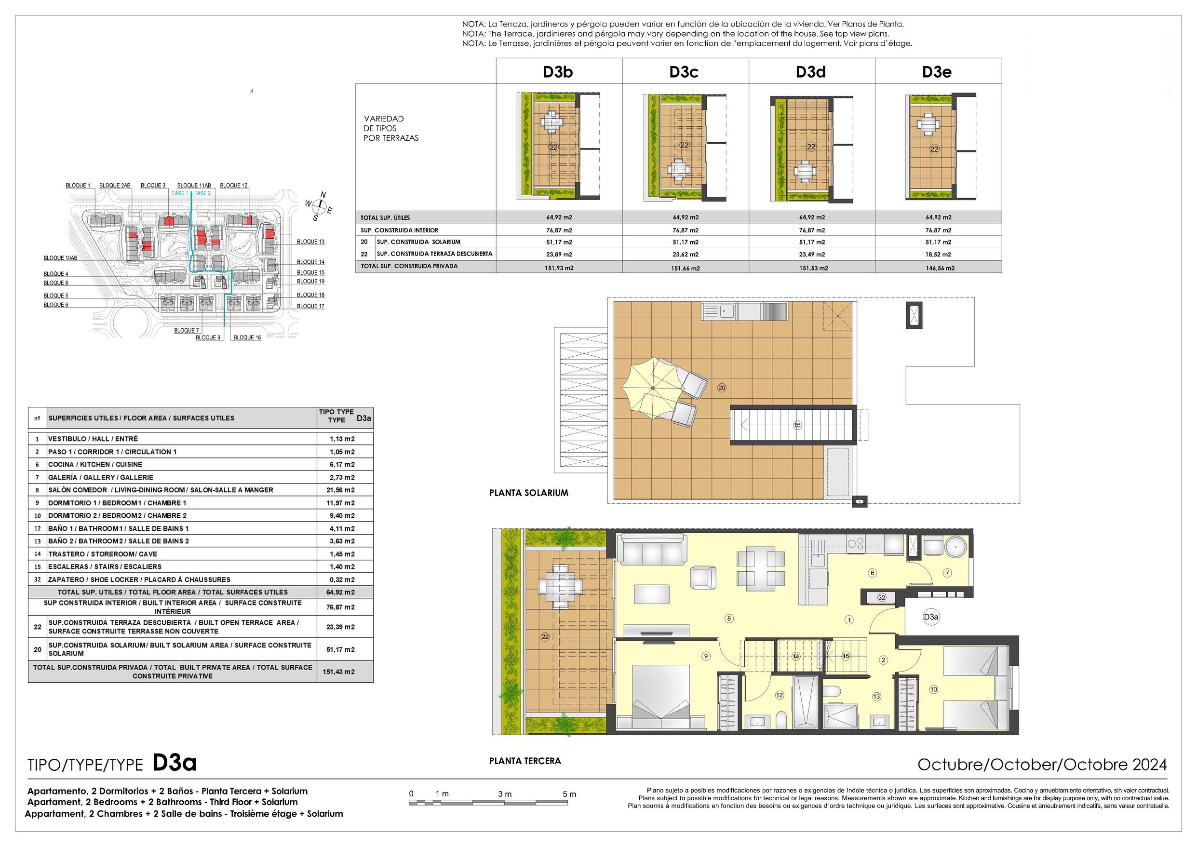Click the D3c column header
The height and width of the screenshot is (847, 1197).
[683, 72]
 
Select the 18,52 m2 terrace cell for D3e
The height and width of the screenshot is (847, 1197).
[938, 255]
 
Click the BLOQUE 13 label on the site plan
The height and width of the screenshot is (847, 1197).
[311, 242]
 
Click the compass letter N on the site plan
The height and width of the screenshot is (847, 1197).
[323, 195]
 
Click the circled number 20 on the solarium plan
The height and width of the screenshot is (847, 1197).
[722, 388]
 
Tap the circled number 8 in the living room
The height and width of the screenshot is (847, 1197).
[729, 618]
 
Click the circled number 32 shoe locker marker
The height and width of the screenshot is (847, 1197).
[881, 598]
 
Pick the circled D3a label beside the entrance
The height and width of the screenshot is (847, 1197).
[931, 617]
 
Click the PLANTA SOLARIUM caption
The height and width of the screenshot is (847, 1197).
[528, 493]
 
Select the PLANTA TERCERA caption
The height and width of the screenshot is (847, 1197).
[525, 761]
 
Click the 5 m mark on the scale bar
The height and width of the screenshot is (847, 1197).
[569, 794]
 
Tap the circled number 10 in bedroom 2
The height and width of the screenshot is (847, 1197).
[933, 689]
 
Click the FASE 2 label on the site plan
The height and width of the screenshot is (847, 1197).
[202, 193]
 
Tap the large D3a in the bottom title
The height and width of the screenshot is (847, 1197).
[175, 763]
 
